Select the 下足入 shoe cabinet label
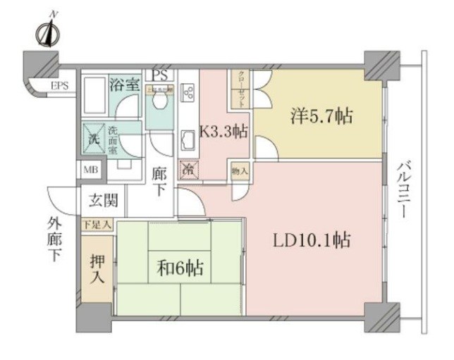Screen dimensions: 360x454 (97, 225)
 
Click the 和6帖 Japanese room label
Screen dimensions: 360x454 (180, 268)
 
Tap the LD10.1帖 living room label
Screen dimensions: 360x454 (312, 240)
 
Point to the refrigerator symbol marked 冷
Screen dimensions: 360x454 (188, 169)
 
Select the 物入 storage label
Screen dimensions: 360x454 (239, 170)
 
